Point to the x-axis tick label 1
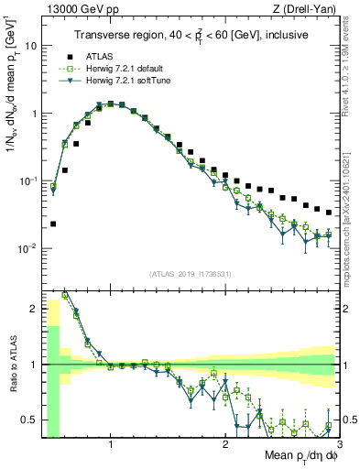pyautogui.click(x=111, y=445)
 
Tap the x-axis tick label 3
pyautogui.click(x=338, y=445)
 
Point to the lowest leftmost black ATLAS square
pyautogui.click(x=53, y=224)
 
